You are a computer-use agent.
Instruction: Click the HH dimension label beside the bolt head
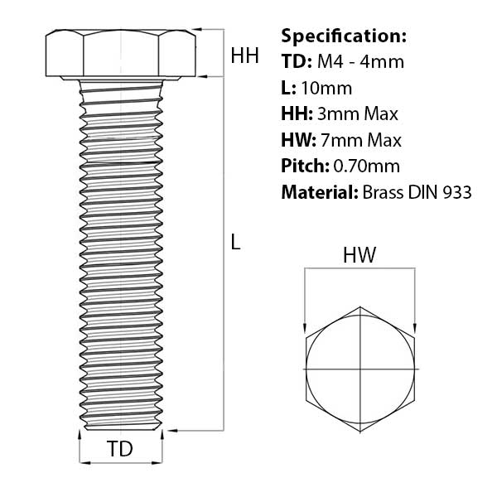(244, 56)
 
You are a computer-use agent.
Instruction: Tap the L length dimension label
(236, 242)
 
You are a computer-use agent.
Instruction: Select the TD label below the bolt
(120, 450)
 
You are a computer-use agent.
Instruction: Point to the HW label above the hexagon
(359, 257)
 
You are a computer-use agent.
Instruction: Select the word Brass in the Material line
(384, 193)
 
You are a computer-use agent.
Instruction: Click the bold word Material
(319, 193)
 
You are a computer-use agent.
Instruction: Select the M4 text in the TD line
(326, 62)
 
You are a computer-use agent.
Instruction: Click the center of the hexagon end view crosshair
(359, 368)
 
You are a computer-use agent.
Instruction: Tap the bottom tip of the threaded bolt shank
(121, 430)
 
